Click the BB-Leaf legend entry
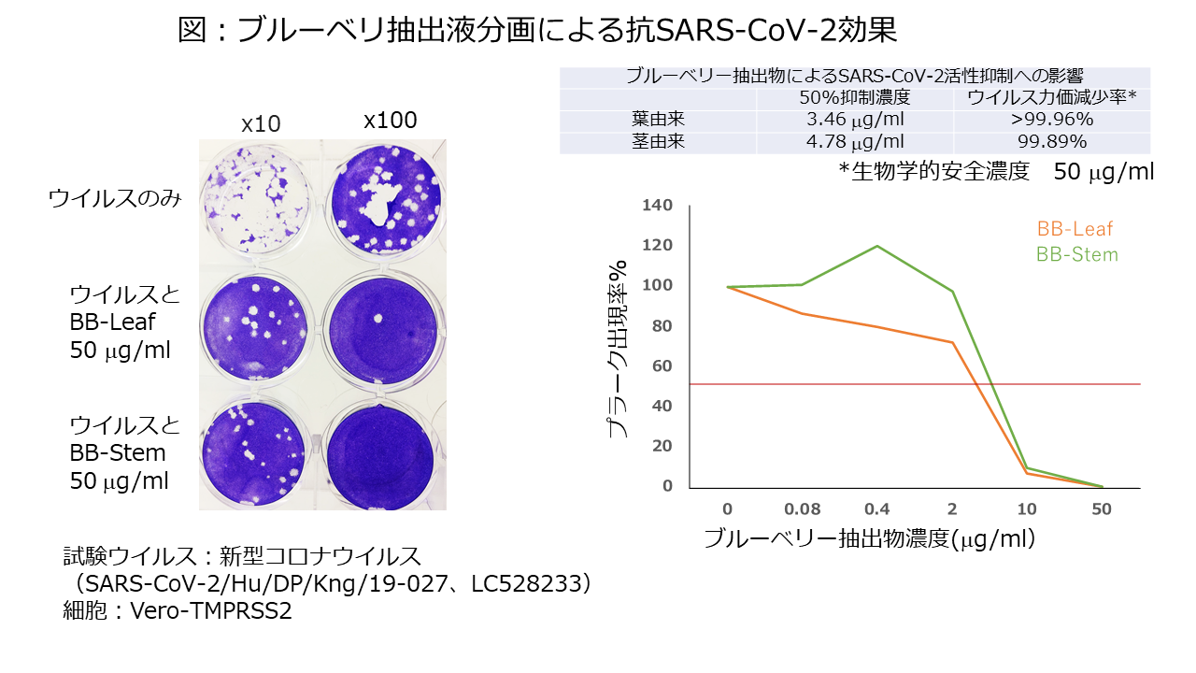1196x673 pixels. click(x=1075, y=229)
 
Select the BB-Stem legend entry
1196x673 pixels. click(x=1076, y=254)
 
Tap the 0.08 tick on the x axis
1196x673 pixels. click(x=803, y=508)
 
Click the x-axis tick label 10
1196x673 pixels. click(x=1027, y=508)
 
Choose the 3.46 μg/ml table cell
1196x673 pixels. click(x=854, y=120)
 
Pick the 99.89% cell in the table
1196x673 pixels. click(x=1053, y=142)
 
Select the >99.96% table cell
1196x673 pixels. click(x=1053, y=120)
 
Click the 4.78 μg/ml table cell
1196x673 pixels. click(x=854, y=142)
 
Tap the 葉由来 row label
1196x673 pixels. click(x=659, y=120)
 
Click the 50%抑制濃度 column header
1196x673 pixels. click(x=854, y=98)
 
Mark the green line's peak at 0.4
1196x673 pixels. click(x=877, y=246)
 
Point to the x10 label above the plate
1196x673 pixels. click(x=261, y=124)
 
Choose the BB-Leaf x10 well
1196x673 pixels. click(x=255, y=324)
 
